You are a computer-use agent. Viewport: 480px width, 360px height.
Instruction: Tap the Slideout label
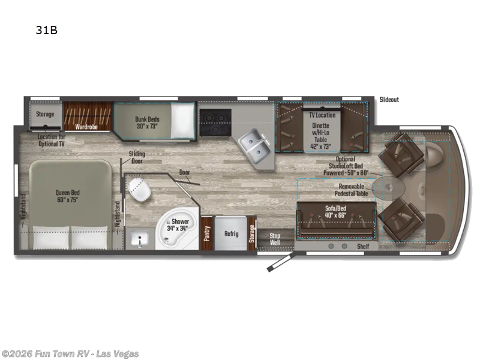[389, 100]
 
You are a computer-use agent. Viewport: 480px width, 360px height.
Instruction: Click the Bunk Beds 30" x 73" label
[147, 122]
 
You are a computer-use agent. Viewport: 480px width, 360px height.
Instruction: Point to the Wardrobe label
[86, 127]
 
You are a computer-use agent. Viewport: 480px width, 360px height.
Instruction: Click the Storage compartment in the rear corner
[44, 114]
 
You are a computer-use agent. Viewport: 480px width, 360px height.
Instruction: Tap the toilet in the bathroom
[140, 190]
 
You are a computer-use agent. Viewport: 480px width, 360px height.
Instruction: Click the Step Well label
[275, 239]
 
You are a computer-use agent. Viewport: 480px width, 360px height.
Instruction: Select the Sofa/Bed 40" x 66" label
[336, 211]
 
